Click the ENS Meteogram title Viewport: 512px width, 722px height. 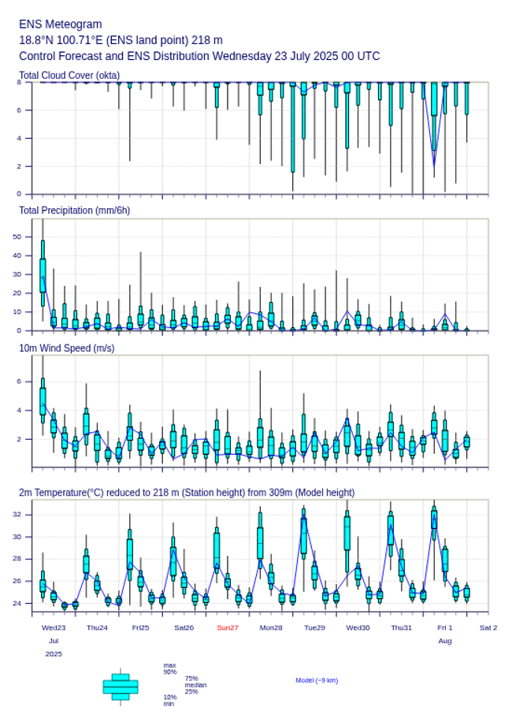click(x=60, y=24)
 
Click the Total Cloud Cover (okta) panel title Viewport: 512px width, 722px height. click(x=69, y=76)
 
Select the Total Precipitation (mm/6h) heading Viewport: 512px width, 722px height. click(x=74, y=210)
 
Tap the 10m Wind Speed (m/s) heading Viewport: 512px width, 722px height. click(x=66, y=348)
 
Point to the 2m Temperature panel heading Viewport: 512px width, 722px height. click(x=187, y=493)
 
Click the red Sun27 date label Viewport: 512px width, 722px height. click(x=228, y=627)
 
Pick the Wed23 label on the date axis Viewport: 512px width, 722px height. click(x=54, y=627)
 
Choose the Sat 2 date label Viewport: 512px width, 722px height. click(x=488, y=627)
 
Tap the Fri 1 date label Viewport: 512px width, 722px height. click(x=445, y=627)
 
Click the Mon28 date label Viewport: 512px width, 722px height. click(x=271, y=627)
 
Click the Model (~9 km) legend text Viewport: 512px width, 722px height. click(x=317, y=680)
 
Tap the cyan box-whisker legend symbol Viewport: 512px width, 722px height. click(x=121, y=687)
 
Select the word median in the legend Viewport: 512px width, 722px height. click(x=195, y=685)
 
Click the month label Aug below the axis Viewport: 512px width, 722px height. click(x=445, y=641)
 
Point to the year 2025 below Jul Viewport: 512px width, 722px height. click(x=54, y=654)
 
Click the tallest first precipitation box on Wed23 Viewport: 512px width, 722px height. click(x=43, y=275)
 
